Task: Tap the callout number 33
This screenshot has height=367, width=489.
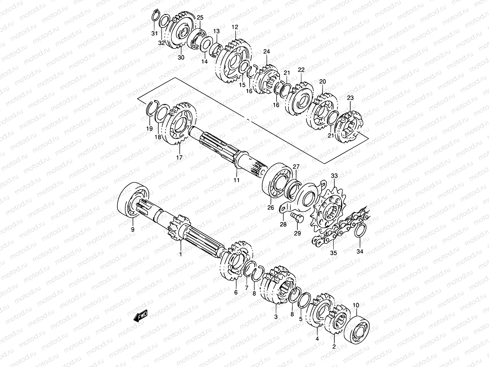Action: [x=334, y=176]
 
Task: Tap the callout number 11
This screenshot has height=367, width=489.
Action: [x=236, y=180]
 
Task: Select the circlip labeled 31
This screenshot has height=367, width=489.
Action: [x=156, y=17]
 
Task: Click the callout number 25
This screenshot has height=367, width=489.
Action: [x=200, y=17]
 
